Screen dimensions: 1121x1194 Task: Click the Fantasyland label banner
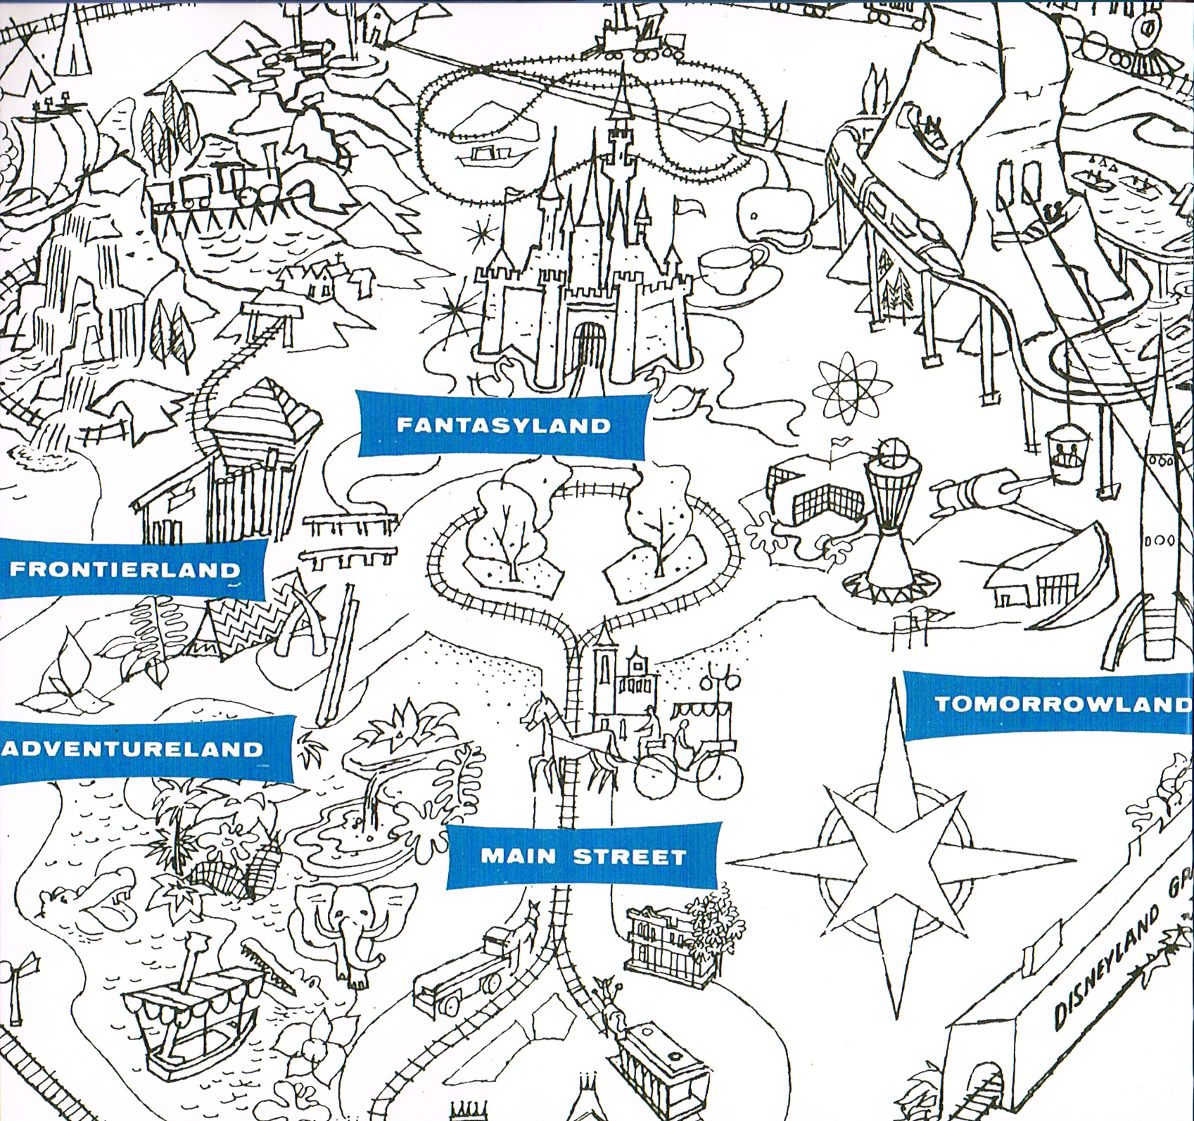pos(502,425)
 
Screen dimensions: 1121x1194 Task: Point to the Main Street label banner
pos(583,856)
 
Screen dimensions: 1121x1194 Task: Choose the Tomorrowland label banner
pos(1055,704)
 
